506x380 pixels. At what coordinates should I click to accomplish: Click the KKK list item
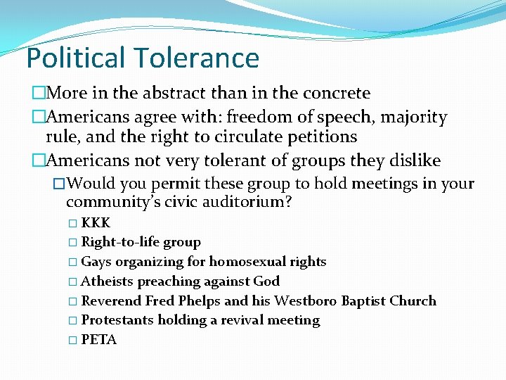pyautogui.click(x=96, y=223)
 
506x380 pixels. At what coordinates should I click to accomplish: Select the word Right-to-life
pyautogui.click(x=120, y=242)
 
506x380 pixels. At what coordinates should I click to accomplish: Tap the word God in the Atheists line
pyautogui.click(x=267, y=281)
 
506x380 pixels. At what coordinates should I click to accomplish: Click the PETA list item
pyautogui.click(x=99, y=340)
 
